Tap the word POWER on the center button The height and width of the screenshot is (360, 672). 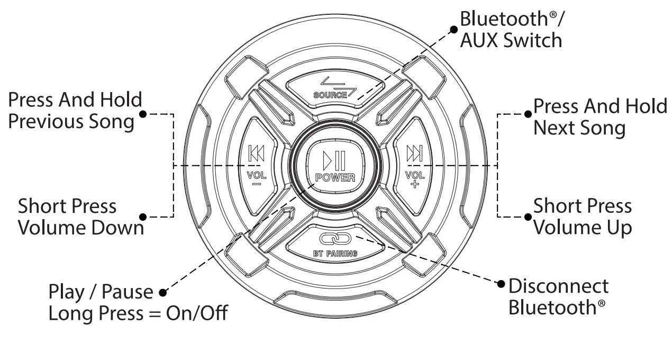[335, 177]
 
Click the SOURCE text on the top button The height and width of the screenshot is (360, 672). [330, 95]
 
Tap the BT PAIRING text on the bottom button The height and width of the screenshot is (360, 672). [335, 254]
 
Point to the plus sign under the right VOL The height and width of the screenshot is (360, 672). [414, 184]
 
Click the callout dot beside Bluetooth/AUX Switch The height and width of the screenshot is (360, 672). [453, 30]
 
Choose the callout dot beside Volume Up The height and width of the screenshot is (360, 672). [528, 217]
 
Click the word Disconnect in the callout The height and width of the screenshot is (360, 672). [558, 286]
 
